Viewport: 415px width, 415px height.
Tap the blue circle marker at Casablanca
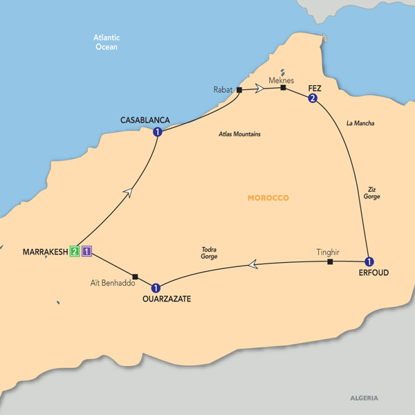point(158,132)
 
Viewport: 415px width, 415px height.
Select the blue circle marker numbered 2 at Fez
point(313,99)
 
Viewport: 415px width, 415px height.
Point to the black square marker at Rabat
point(239,90)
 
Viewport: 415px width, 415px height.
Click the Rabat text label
point(223,90)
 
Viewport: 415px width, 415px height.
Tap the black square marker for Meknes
point(283,88)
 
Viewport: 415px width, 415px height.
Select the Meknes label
point(283,79)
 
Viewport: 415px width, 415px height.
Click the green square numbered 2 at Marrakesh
point(73,251)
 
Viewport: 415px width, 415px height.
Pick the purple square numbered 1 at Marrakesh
point(86,251)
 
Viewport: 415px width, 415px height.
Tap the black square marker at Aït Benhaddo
point(136,277)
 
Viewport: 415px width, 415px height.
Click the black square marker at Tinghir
point(330,262)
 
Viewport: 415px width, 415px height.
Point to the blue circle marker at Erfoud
point(369,261)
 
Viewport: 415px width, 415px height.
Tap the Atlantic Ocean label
point(106,42)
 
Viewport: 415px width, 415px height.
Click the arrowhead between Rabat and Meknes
point(259,89)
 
